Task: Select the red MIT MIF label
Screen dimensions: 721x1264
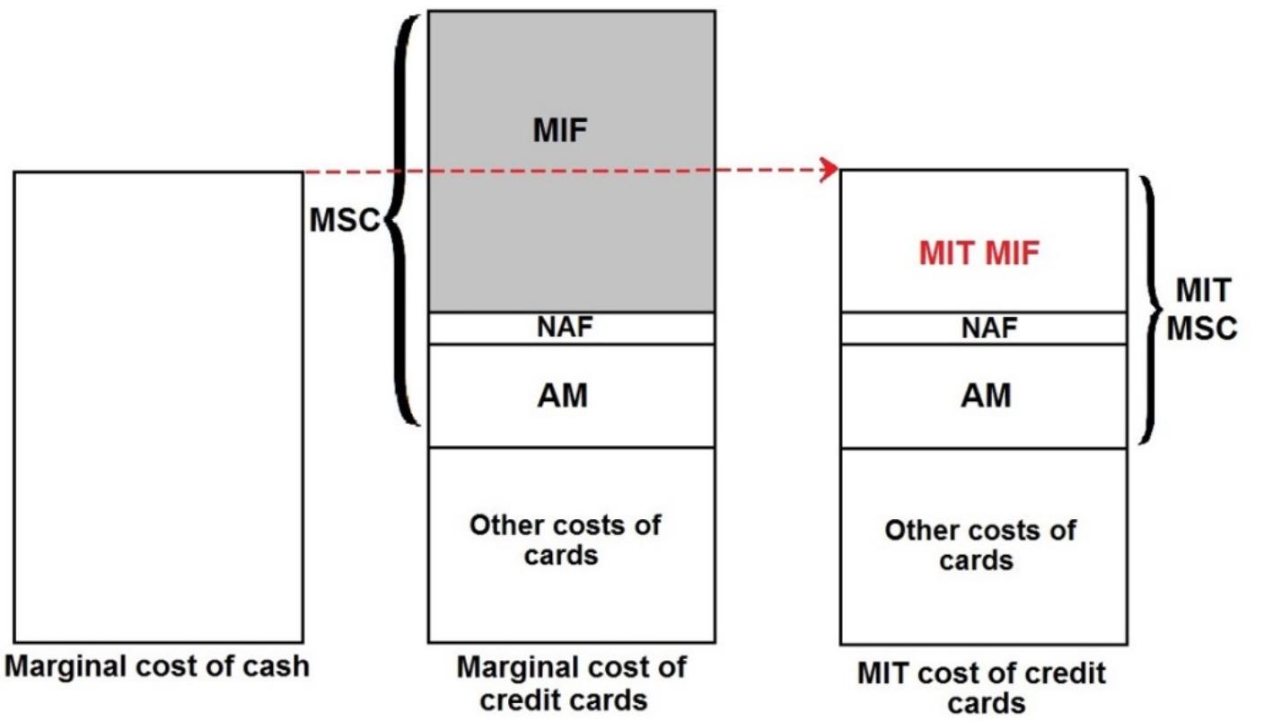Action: pos(979,254)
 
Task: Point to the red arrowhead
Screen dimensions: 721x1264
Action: pos(831,169)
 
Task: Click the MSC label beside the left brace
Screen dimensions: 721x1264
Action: pos(345,221)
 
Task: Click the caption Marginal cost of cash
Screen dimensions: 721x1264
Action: pos(156,666)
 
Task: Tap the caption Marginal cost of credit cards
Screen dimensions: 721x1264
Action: pos(571,683)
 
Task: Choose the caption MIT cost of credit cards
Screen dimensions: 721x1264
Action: pos(981,688)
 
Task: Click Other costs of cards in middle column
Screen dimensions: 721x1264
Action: pos(565,540)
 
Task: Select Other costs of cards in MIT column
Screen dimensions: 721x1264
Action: pos(979,545)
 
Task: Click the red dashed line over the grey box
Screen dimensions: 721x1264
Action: pos(571,170)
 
